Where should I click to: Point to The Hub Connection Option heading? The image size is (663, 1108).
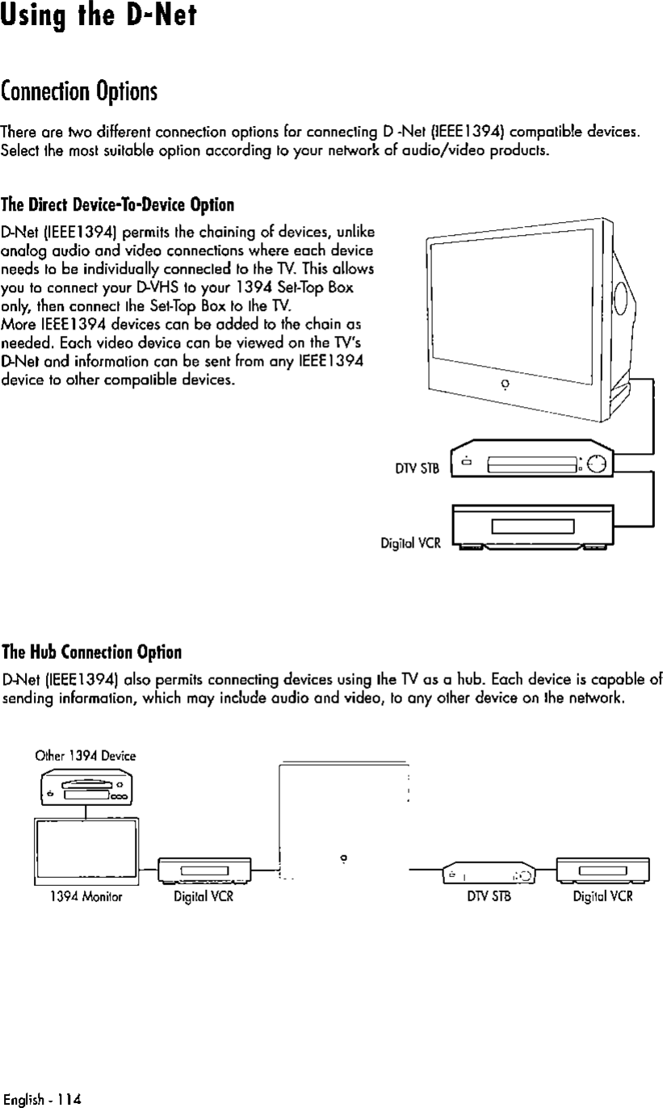pyautogui.click(x=91, y=651)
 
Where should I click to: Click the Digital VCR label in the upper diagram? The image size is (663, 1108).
pyautogui.click(x=410, y=544)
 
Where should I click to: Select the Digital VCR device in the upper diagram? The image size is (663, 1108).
pyautogui.click(x=532, y=527)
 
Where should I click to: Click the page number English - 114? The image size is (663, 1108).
pyautogui.click(x=42, y=1099)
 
